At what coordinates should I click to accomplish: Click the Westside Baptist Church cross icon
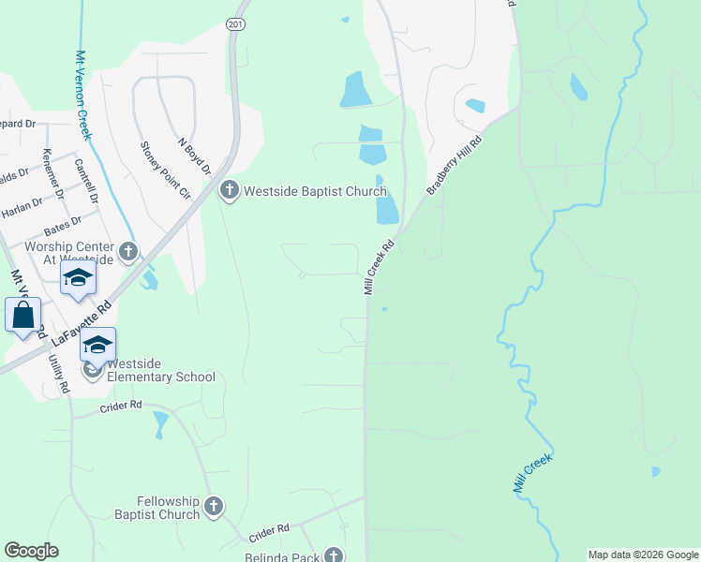(229, 191)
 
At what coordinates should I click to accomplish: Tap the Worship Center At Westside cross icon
(127, 252)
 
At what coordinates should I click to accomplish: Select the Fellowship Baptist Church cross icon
(213, 508)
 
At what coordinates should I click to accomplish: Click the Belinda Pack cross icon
(334, 555)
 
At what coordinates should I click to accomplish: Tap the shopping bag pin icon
(23, 316)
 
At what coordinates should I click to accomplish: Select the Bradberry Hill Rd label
(454, 166)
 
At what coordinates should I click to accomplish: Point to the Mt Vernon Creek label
(83, 94)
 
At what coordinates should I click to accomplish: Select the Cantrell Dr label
(86, 180)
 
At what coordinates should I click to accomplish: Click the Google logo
(32, 551)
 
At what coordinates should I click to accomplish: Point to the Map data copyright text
(642, 555)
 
